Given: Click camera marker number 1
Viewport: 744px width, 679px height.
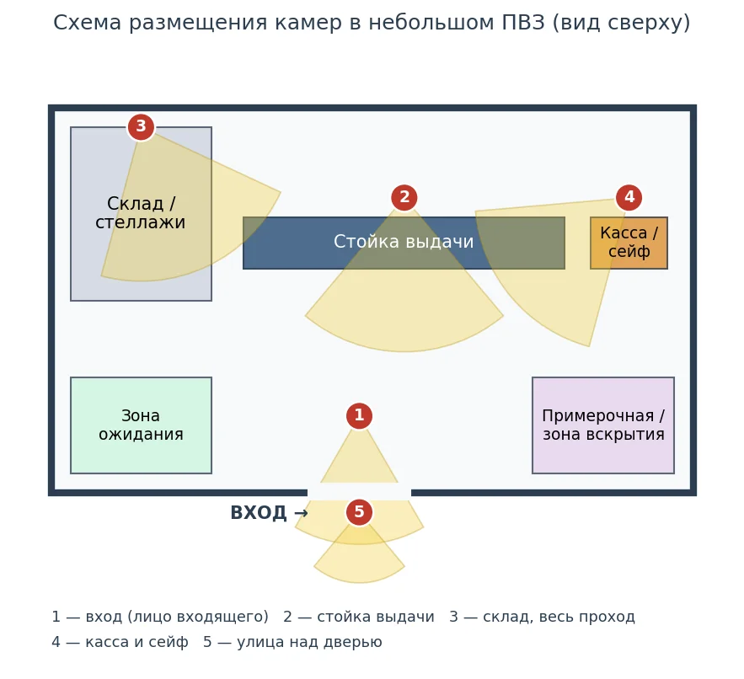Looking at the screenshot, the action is (x=359, y=415).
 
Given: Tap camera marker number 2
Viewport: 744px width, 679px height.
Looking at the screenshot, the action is (x=404, y=197).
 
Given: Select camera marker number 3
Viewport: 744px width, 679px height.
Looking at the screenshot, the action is (x=141, y=126).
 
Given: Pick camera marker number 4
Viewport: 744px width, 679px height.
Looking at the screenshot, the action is (x=629, y=197).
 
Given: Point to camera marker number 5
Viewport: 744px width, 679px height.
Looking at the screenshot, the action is (x=359, y=512).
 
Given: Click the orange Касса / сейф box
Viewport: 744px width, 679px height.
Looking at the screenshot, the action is (x=629, y=243).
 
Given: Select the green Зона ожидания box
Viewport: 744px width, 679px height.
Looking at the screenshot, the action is (x=141, y=425).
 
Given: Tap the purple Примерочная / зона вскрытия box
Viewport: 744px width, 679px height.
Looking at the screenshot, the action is (x=603, y=425).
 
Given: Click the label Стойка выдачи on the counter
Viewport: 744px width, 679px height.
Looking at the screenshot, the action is (x=404, y=242).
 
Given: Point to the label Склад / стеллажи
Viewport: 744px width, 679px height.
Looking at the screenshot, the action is (x=141, y=212).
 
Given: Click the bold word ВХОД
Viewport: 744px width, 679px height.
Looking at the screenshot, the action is (x=259, y=513).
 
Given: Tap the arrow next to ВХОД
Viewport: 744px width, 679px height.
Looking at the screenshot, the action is (x=301, y=513).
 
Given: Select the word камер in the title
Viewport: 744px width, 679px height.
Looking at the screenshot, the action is (x=308, y=23).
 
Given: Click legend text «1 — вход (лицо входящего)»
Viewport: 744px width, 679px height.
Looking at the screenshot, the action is (x=160, y=617).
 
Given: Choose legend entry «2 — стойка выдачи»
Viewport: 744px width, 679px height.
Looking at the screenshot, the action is (x=359, y=617).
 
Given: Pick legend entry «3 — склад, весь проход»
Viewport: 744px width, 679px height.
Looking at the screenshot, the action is (x=542, y=617).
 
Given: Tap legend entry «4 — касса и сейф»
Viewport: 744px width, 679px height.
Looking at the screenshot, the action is (x=120, y=642).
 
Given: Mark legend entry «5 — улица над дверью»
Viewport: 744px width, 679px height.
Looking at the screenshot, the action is (x=292, y=642).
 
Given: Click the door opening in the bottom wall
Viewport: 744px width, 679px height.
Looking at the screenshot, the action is (x=359, y=493).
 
